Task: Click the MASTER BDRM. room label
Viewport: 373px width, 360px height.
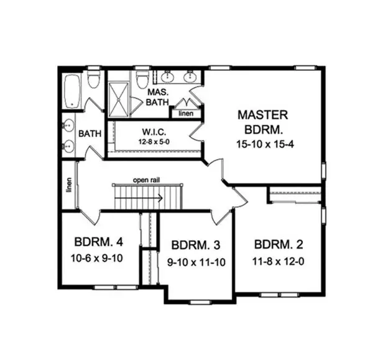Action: pyautogui.click(x=262, y=122)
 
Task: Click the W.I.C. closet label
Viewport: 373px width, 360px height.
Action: pyautogui.click(x=153, y=132)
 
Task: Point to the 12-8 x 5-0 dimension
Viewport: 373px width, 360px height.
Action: pyautogui.click(x=153, y=142)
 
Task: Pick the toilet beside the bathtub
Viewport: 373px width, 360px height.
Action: pyautogui.click(x=93, y=79)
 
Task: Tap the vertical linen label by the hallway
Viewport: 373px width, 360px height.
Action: pyautogui.click(x=69, y=185)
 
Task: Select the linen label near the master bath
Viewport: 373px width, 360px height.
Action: pyautogui.click(x=185, y=114)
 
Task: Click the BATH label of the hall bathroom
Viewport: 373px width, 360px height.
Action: pyautogui.click(x=90, y=133)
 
